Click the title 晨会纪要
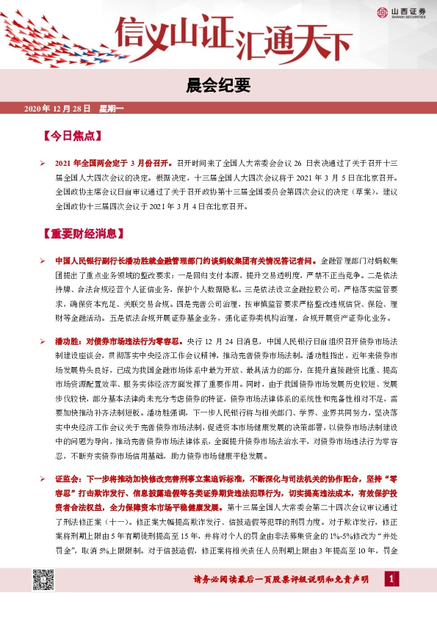click(x=218, y=87)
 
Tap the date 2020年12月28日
click(x=57, y=109)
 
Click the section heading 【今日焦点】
click(x=71, y=137)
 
